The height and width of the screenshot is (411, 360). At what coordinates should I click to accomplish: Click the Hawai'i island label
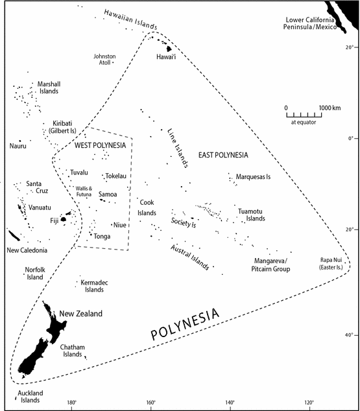click(x=167, y=58)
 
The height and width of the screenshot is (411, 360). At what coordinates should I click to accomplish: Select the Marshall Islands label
click(x=49, y=88)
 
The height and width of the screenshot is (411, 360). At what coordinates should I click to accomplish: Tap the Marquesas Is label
click(x=253, y=176)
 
